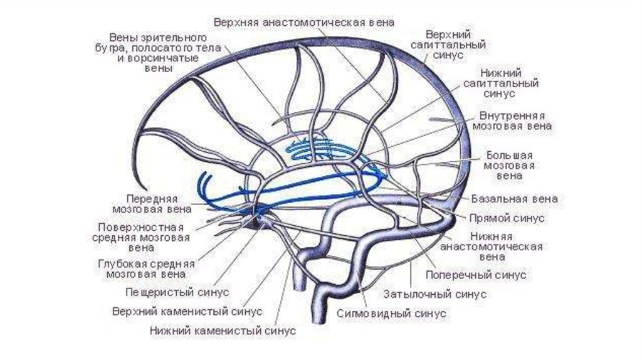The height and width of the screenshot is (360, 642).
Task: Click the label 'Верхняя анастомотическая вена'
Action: (x=304, y=22)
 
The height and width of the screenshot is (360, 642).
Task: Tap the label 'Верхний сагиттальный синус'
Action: (x=456, y=45)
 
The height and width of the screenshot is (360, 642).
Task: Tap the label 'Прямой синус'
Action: (x=507, y=218)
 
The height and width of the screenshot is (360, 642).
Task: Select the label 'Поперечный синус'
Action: (x=476, y=275)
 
